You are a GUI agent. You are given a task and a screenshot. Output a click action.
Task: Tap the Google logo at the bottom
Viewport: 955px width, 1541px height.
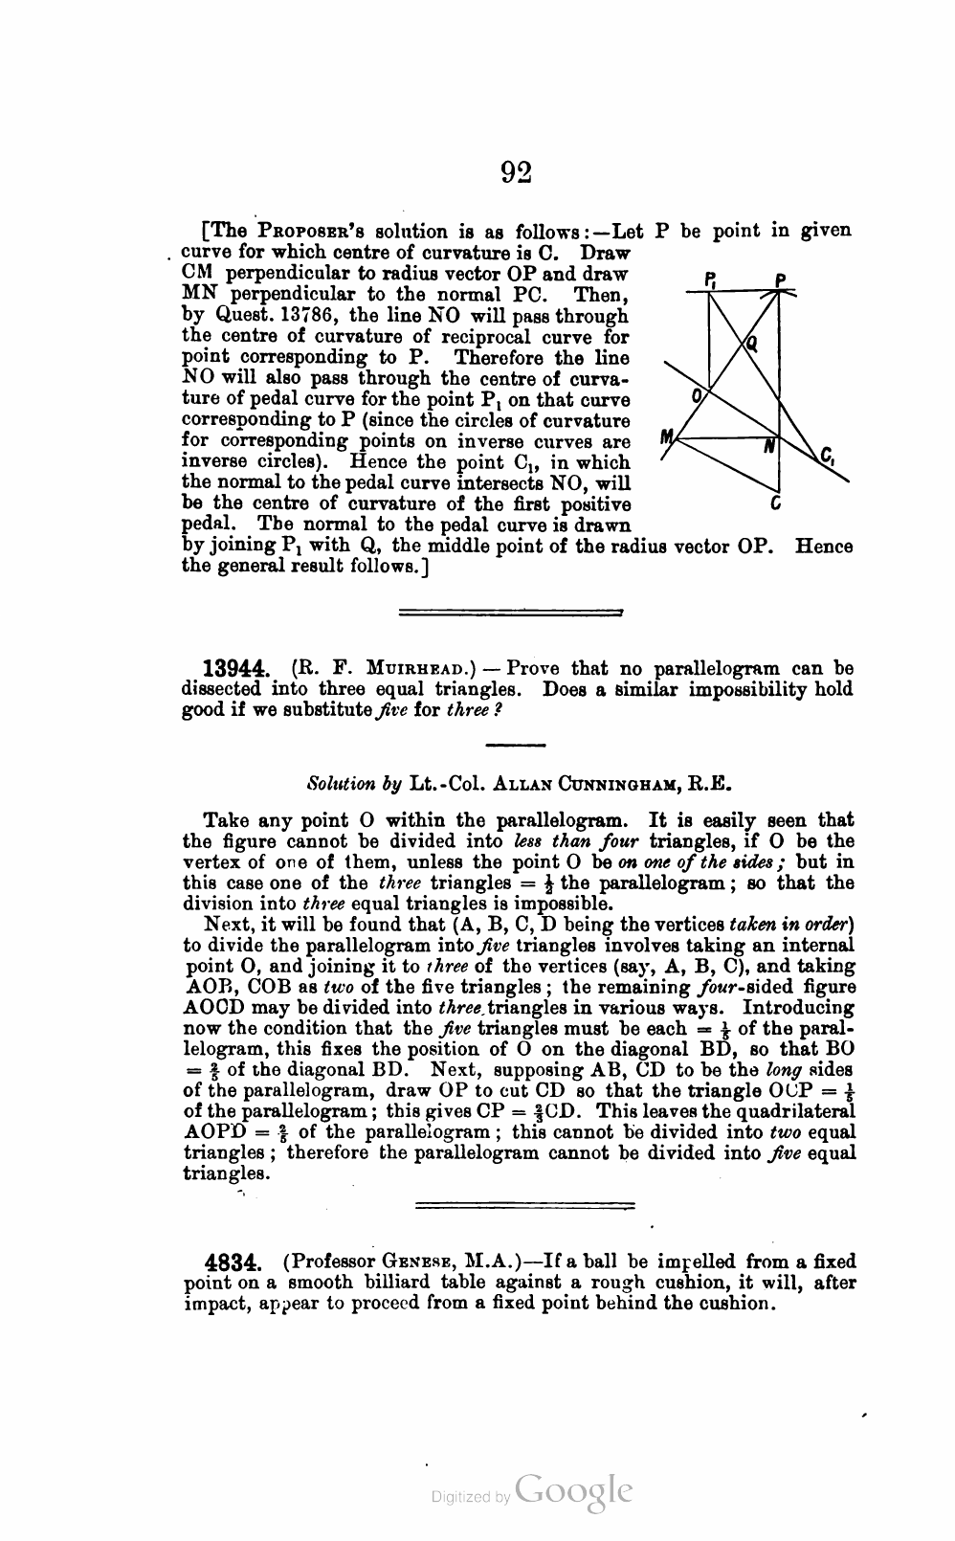[573, 1491]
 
